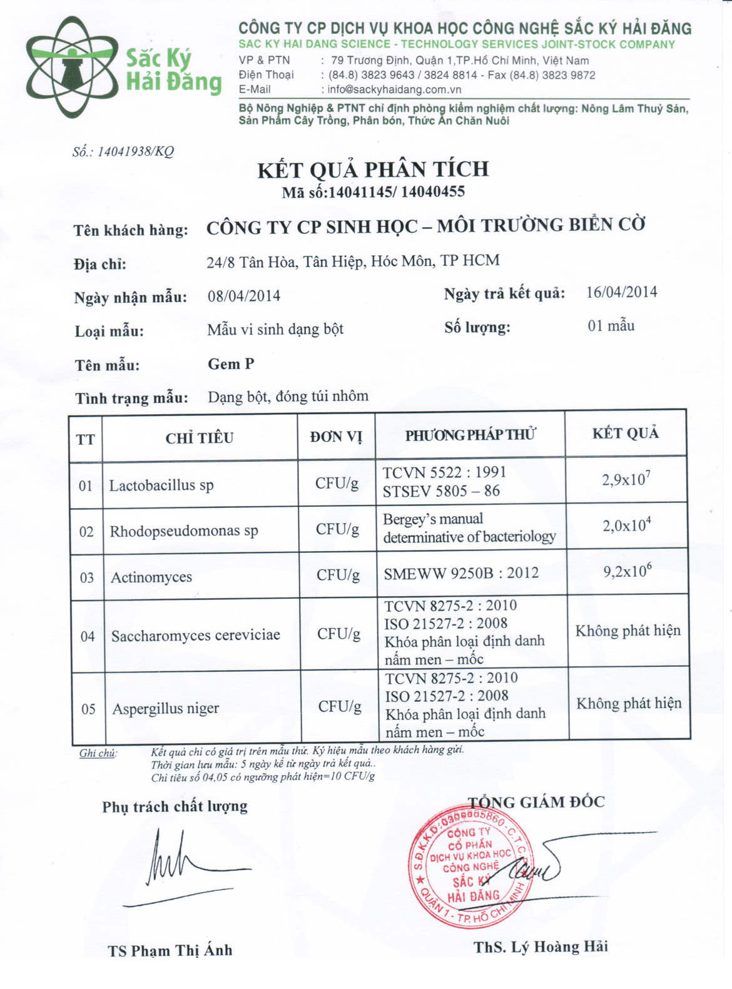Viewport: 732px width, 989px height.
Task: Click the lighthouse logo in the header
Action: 72,67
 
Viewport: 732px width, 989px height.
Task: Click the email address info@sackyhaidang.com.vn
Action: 394,89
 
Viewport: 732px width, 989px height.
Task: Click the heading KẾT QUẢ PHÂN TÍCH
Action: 373,170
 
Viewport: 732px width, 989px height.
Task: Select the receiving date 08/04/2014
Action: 244,296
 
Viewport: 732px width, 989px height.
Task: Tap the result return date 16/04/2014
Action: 621,292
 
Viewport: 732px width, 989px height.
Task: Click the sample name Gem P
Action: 231,364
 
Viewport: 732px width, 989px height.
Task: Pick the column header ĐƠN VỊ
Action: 336,437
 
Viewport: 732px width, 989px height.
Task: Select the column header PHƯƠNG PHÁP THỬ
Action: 470,435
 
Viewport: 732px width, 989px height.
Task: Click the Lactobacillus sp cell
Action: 161,485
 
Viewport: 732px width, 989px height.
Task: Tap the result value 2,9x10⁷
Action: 626,479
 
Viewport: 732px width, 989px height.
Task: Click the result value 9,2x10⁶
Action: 628,571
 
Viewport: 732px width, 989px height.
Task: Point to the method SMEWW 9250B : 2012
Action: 461,573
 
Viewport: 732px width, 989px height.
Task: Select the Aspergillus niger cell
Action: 166,708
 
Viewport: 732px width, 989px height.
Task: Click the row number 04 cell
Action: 88,636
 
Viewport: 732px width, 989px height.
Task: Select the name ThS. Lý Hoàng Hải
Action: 541,946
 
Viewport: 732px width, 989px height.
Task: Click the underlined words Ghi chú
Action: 98,753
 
